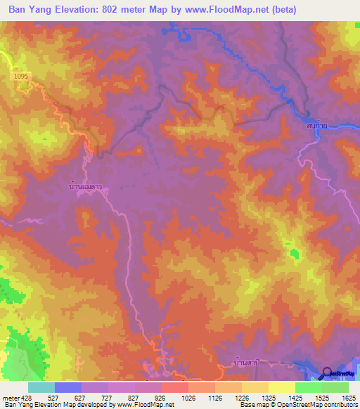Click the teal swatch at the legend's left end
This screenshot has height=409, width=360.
(41, 387)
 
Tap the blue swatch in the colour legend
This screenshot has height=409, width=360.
(68, 387)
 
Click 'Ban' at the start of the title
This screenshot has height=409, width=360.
(18, 9)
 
